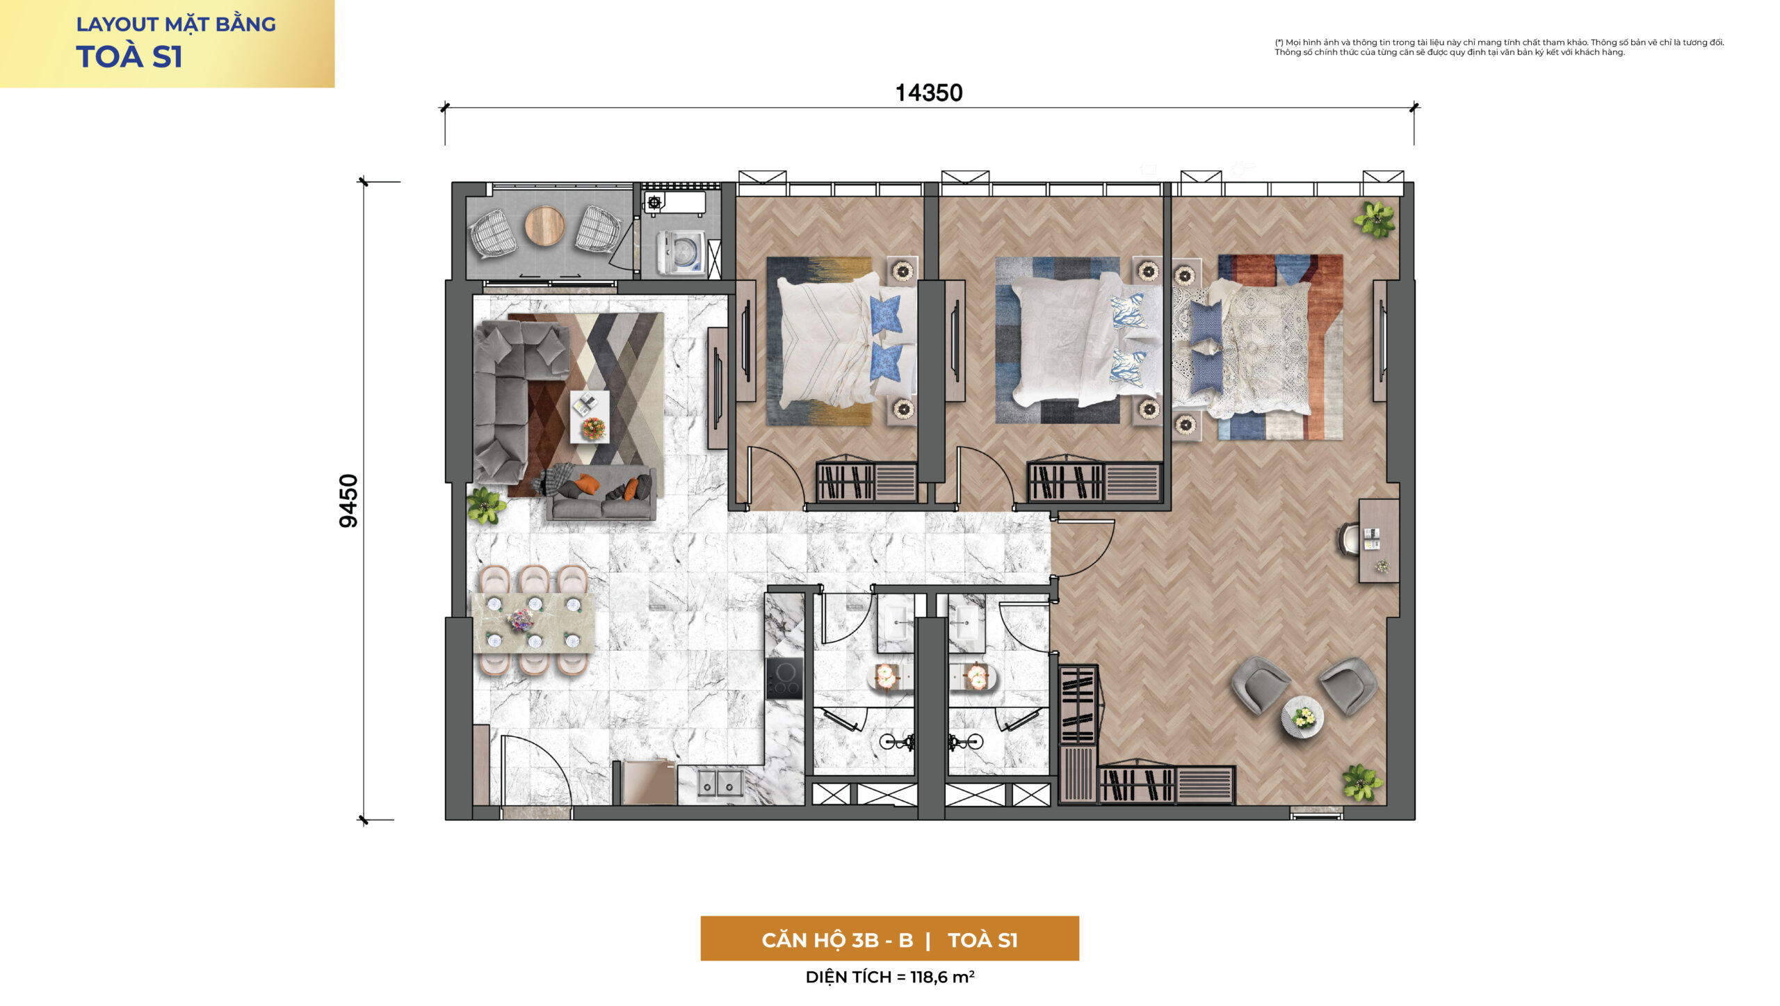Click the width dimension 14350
(x=928, y=93)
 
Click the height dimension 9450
(x=348, y=501)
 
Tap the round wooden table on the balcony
(x=544, y=225)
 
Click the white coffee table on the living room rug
(x=590, y=416)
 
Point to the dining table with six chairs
(x=533, y=622)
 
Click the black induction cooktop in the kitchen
(x=784, y=678)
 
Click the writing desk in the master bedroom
(x=1379, y=540)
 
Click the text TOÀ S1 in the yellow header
(x=129, y=57)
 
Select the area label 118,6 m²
(x=942, y=977)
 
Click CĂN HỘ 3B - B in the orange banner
(x=837, y=940)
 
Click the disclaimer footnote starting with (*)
(x=1499, y=47)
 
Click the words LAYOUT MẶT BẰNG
(x=176, y=24)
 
